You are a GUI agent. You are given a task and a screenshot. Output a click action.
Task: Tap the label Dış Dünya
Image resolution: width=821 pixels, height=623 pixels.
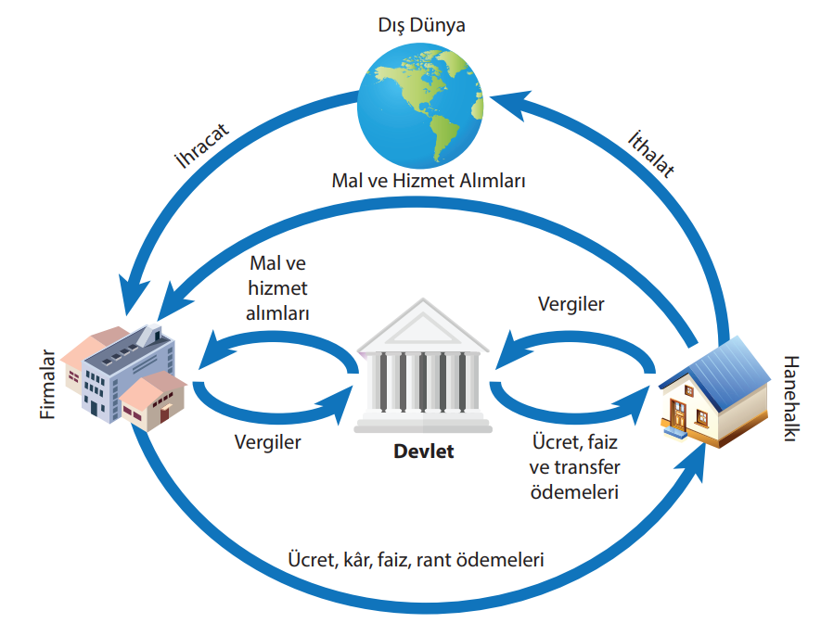(423, 25)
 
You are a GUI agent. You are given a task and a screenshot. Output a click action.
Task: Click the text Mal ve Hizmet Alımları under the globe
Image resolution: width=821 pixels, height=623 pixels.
(429, 180)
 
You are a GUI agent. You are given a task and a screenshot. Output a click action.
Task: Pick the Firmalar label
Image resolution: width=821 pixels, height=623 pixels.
(49, 384)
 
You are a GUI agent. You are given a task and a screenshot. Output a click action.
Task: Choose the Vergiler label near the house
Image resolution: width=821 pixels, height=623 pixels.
(571, 303)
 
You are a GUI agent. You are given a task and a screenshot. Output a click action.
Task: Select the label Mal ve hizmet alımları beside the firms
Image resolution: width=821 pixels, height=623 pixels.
(278, 288)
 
